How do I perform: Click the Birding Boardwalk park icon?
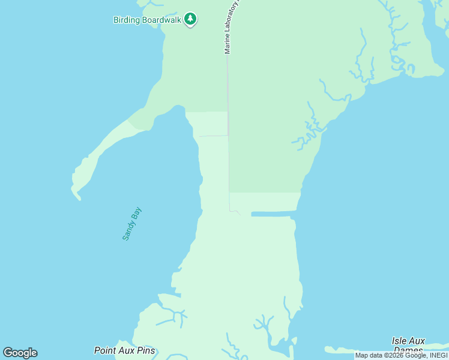[190, 19]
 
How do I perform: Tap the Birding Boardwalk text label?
[146, 20]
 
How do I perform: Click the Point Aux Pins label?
[124, 350]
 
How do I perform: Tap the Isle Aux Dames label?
[408, 344]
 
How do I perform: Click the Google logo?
[20, 352]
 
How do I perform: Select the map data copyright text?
[401, 356]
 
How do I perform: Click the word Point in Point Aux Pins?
[105, 350]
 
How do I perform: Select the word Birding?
[127, 20]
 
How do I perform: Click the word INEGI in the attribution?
[436, 356]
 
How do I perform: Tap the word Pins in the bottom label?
[145, 350]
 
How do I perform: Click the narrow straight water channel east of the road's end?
[273, 214]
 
